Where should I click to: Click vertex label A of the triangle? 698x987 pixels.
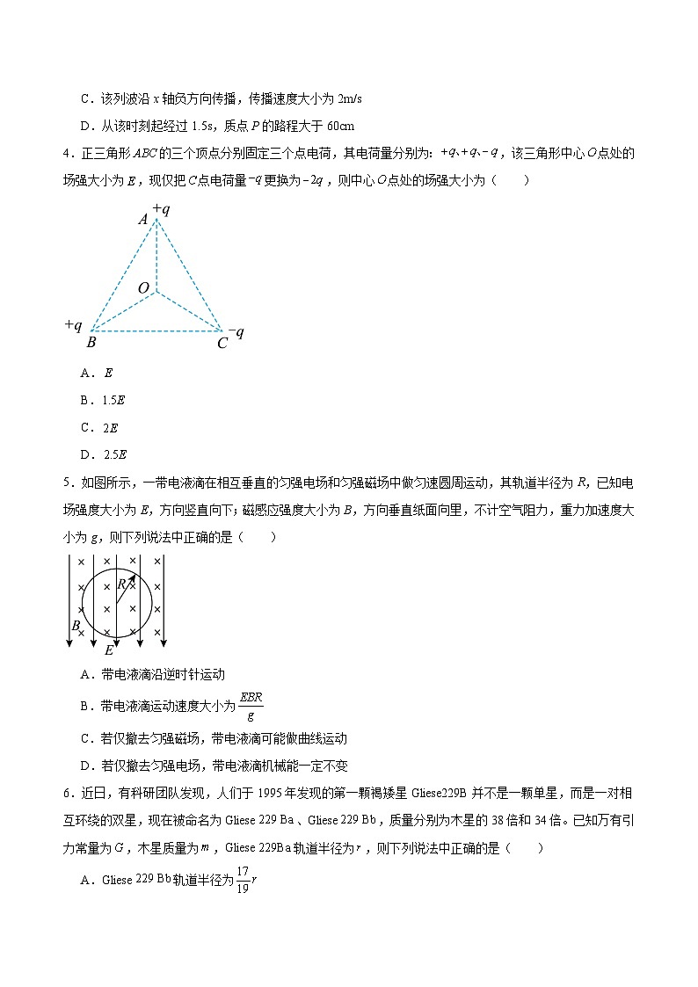pyautogui.click(x=143, y=220)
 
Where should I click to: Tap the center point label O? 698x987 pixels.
pyautogui.click(x=143, y=288)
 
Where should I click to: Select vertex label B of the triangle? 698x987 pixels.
pyautogui.click(x=91, y=342)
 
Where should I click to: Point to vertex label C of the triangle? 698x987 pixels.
pyautogui.click(x=222, y=343)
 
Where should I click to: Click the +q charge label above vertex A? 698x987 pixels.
pyautogui.click(x=160, y=208)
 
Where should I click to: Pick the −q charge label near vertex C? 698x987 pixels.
pyautogui.click(x=236, y=332)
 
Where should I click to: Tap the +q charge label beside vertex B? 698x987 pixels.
pyautogui.click(x=73, y=324)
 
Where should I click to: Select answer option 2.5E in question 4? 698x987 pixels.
pyautogui.click(x=115, y=454)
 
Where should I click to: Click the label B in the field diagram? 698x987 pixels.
pyautogui.click(x=76, y=626)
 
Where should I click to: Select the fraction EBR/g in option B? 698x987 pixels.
pyautogui.click(x=251, y=705)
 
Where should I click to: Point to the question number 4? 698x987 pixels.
pyautogui.click(x=67, y=154)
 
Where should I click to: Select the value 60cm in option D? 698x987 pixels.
pyautogui.click(x=340, y=126)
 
